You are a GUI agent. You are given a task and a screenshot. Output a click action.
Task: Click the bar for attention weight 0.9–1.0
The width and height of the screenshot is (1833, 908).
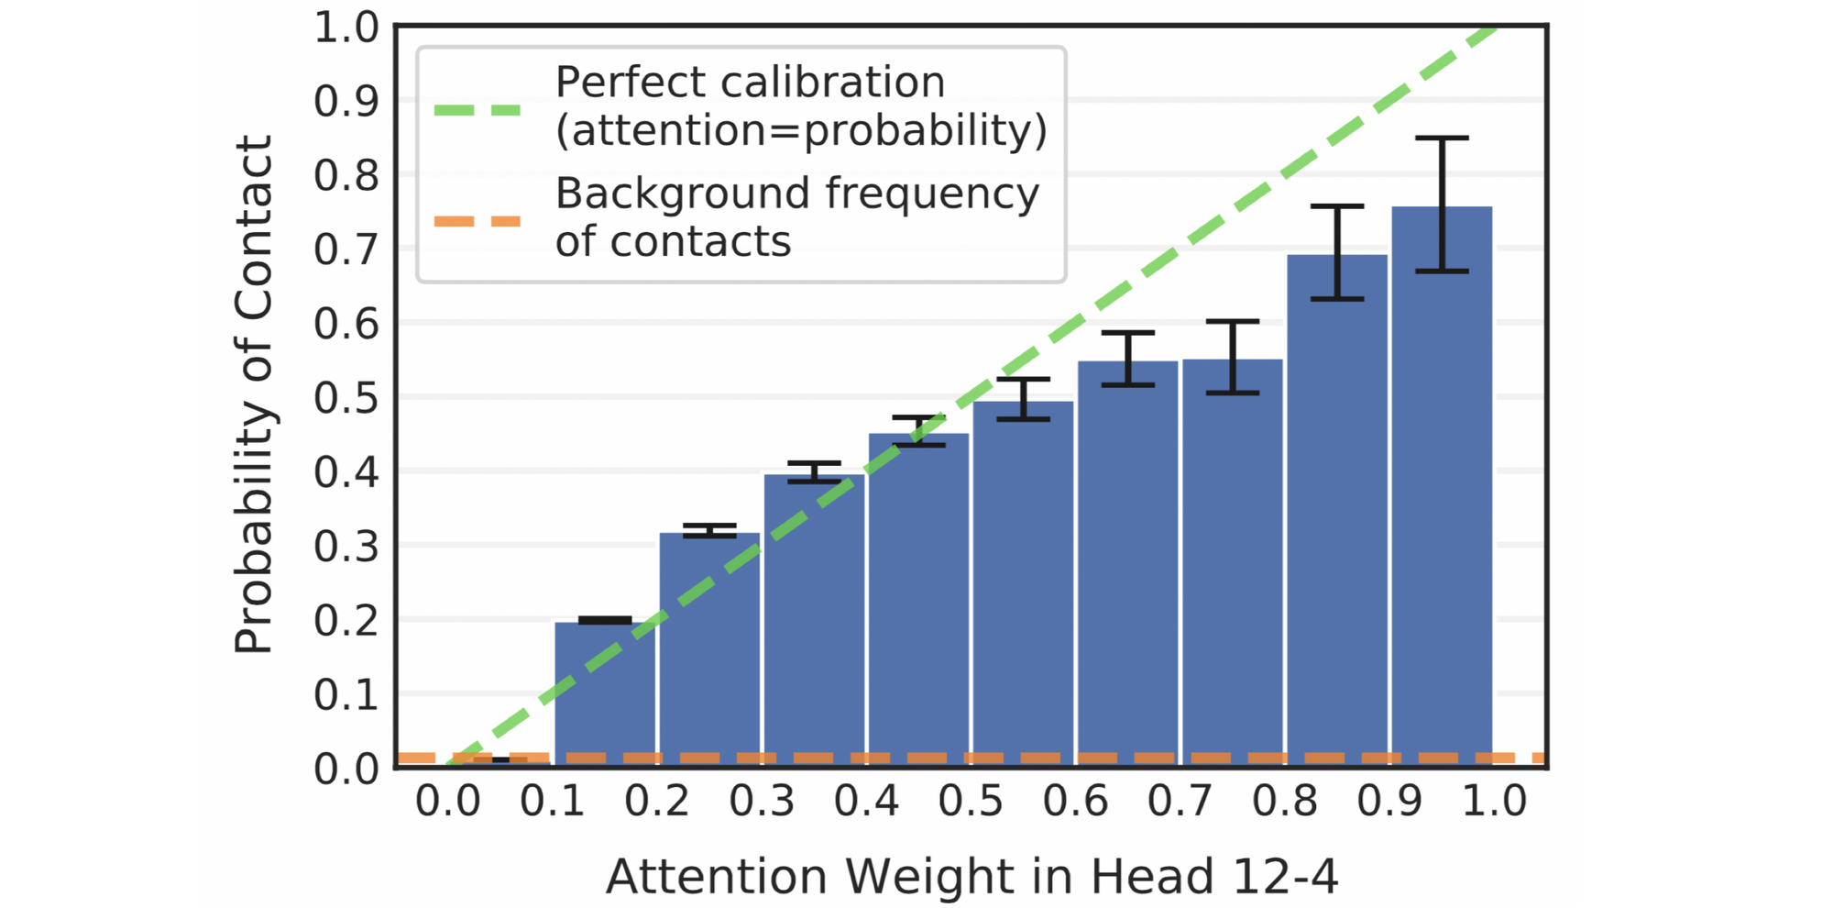(1442, 486)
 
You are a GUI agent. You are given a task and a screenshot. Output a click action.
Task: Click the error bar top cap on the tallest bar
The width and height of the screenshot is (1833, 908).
(1442, 138)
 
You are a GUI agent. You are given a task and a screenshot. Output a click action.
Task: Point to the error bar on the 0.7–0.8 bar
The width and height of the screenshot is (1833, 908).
(1233, 357)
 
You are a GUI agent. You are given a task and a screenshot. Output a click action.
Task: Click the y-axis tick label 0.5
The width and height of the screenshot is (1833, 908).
(346, 398)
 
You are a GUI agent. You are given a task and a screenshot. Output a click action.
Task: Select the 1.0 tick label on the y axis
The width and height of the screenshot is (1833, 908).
(346, 28)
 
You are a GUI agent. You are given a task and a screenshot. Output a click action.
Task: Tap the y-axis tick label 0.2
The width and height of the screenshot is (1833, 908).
(346, 621)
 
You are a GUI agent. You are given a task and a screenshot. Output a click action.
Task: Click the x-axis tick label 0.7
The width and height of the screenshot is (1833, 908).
(1180, 802)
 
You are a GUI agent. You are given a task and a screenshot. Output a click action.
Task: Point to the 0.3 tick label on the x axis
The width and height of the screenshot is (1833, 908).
(762, 802)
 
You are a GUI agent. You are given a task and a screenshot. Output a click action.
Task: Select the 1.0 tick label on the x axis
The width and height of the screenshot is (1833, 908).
(1494, 802)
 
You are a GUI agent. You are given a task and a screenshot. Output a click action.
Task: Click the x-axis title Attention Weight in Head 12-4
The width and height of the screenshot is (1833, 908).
(971, 876)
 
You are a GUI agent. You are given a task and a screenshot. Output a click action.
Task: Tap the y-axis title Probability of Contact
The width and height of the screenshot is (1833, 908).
(254, 394)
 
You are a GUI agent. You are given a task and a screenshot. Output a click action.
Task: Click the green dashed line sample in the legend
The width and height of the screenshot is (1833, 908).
(477, 110)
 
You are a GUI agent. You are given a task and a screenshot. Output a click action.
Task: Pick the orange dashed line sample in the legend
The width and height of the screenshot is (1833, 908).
(477, 221)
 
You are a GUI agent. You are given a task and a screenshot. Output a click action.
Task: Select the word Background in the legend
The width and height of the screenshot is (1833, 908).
(683, 194)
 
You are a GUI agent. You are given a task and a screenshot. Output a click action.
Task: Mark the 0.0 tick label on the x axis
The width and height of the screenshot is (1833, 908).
(448, 802)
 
